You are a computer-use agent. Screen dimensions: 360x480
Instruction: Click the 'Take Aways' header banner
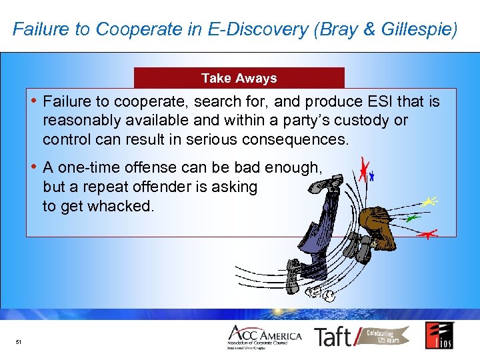tap(239, 78)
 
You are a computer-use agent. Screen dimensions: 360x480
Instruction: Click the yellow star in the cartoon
tap(430, 201)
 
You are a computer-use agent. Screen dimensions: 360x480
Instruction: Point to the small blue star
tap(373, 177)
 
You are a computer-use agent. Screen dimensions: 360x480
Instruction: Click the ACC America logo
tap(264, 337)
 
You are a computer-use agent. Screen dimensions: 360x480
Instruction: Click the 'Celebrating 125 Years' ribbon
tap(385, 336)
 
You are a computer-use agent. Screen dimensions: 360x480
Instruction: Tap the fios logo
tap(439, 335)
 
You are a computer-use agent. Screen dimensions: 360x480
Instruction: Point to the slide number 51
tap(19, 343)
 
